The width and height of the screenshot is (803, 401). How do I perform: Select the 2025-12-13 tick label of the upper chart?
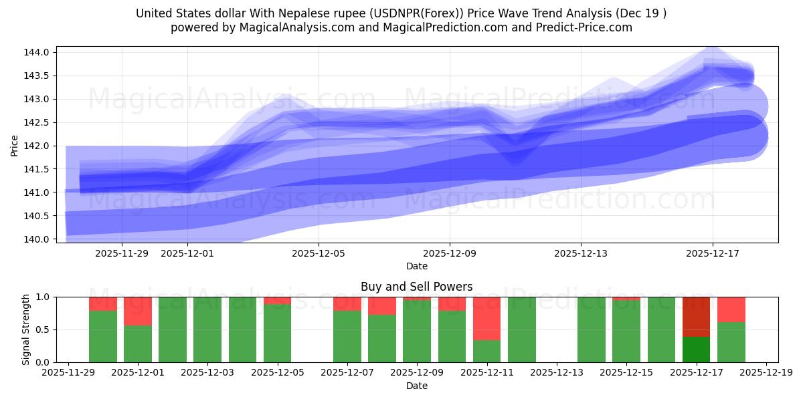[580, 253]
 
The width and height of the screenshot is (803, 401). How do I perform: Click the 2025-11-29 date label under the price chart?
[122, 253]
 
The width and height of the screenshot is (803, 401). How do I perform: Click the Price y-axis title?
[15, 146]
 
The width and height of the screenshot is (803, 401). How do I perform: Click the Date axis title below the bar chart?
[416, 386]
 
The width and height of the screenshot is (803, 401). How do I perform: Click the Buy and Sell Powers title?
[416, 287]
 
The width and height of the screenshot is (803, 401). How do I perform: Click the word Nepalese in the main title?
[295, 13]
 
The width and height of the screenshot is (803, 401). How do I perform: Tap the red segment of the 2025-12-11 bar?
[486, 318]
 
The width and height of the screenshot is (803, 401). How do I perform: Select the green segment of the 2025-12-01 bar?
[138, 344]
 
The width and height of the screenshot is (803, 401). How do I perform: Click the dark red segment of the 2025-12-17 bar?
[696, 317]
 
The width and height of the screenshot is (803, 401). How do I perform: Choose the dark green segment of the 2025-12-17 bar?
[696, 349]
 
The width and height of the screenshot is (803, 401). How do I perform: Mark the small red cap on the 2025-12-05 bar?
[277, 300]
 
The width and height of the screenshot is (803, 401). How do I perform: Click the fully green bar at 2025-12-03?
[207, 329]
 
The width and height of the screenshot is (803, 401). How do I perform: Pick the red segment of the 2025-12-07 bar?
[347, 303]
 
